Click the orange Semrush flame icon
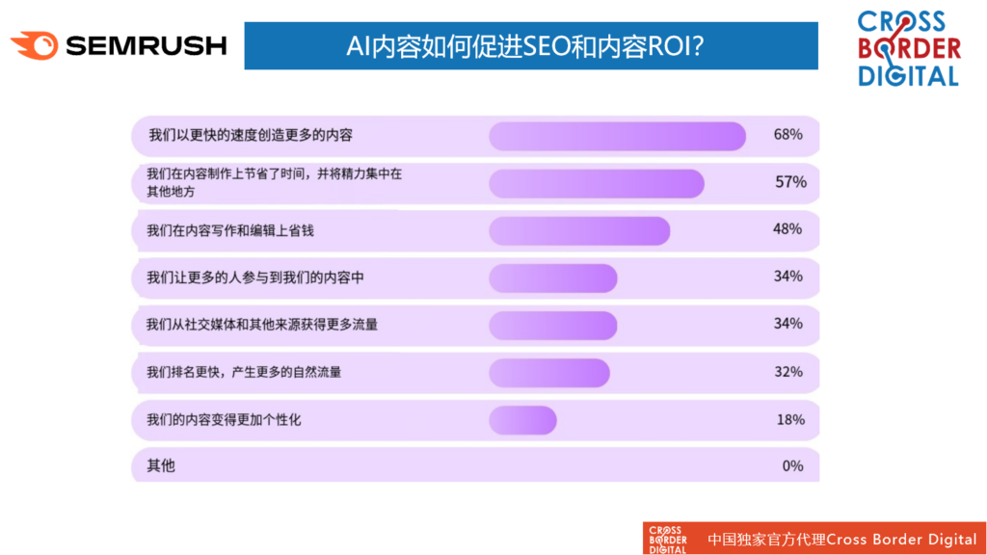coord(35,45)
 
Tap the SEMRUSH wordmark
coord(147,46)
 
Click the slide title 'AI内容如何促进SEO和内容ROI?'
coord(525,46)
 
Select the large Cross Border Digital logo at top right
coord(908,48)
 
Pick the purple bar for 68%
coord(618,136)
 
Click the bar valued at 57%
coord(597,184)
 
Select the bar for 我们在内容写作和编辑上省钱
coord(579,231)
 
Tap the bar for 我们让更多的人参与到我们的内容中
coord(553,278)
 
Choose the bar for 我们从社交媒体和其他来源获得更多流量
coord(553,326)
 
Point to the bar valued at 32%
coord(549,373)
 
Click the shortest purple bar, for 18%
coord(523,420)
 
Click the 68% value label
coord(788,135)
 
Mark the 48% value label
coord(787,229)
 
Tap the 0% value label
coord(792,466)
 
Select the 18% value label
coord(790,420)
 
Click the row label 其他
coord(161,465)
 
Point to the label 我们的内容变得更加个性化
coord(224,420)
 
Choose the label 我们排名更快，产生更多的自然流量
coord(244,373)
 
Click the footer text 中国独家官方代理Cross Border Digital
coord(842,540)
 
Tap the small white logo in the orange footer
coord(668,540)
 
